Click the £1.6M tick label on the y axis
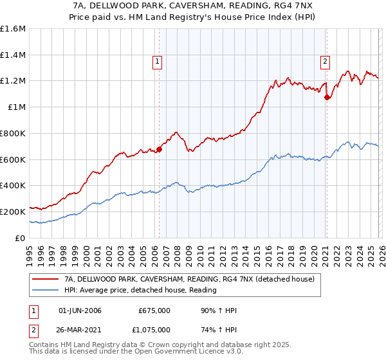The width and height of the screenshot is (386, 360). point(13,29)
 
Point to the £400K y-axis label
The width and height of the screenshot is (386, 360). point(13,185)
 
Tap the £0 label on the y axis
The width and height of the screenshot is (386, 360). point(20,238)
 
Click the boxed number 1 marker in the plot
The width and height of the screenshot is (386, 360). point(158,62)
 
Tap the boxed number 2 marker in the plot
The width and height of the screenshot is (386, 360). point(326,62)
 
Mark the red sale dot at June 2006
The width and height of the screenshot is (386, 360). point(159,150)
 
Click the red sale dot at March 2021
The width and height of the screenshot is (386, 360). point(327,98)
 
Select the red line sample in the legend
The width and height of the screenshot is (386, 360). point(46,280)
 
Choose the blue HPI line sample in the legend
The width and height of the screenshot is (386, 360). point(46,291)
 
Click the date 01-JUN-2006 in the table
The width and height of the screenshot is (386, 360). point(80,310)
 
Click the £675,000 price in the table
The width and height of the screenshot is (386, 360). point(154,310)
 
